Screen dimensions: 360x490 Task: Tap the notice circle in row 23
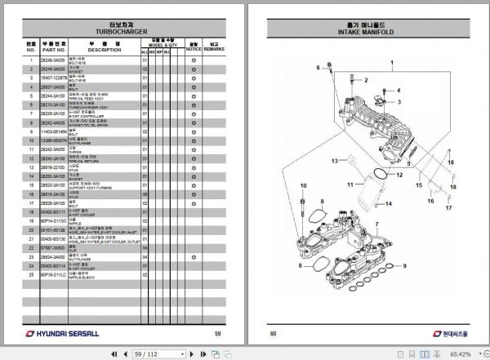pyautogui.click(x=193, y=255)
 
